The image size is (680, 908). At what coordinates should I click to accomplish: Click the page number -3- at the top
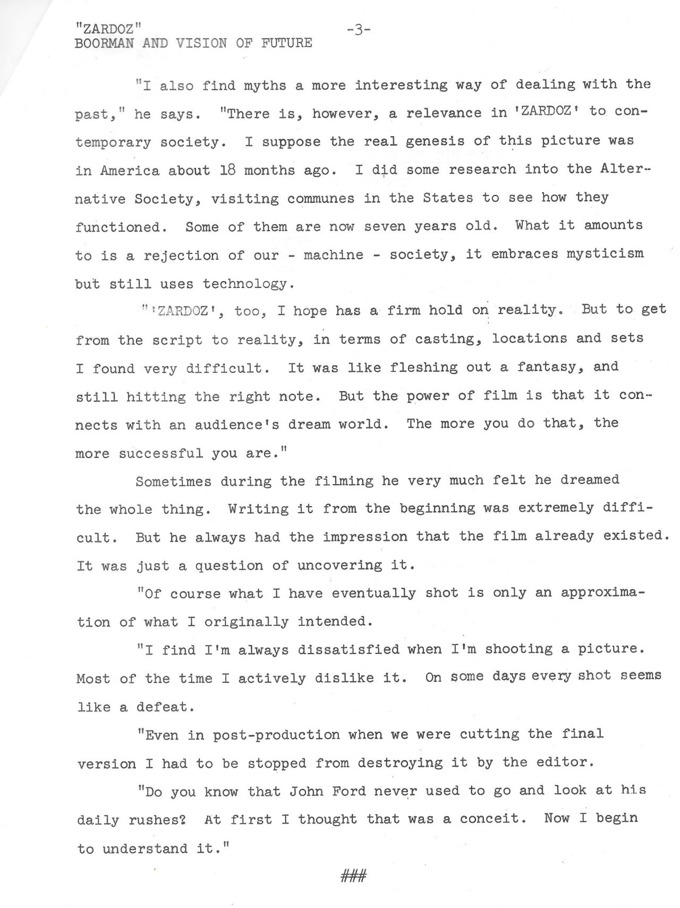tap(358, 30)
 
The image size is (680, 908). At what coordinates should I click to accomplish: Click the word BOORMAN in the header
tap(104, 44)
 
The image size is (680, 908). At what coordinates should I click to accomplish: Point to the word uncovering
tap(339, 565)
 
